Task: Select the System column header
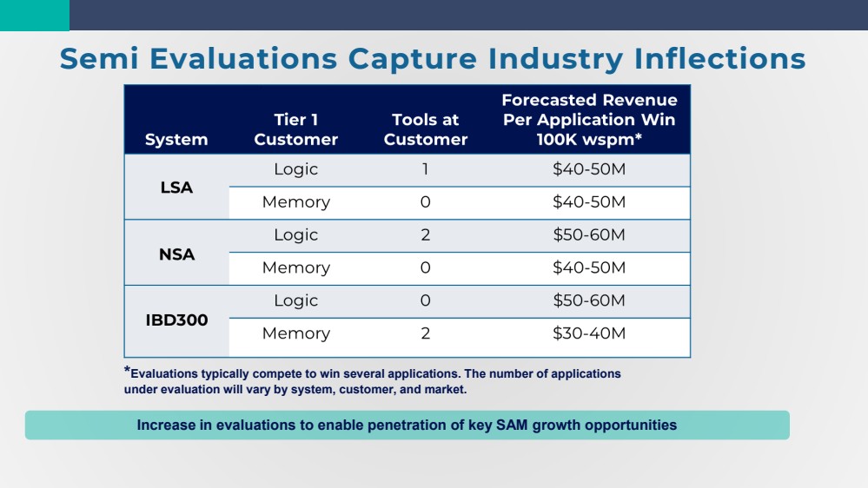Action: [176, 140]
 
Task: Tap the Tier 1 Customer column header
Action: [295, 129]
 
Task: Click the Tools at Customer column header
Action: [426, 129]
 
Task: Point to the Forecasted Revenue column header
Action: [589, 120]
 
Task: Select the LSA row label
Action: [176, 186]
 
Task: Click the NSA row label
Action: [176, 254]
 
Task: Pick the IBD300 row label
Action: [176, 320]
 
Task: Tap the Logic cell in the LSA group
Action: [295, 169]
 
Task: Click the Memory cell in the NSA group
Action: [295, 268]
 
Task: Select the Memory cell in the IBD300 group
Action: [295, 333]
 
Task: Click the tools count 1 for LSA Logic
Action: [426, 169]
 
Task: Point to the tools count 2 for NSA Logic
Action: [426, 235]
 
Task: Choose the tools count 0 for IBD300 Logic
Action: [426, 300]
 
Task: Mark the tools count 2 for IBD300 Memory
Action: [426, 333]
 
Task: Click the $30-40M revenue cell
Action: [589, 333]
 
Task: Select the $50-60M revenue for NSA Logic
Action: [589, 235]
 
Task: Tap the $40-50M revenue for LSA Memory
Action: [589, 202]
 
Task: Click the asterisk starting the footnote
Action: [127, 372]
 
